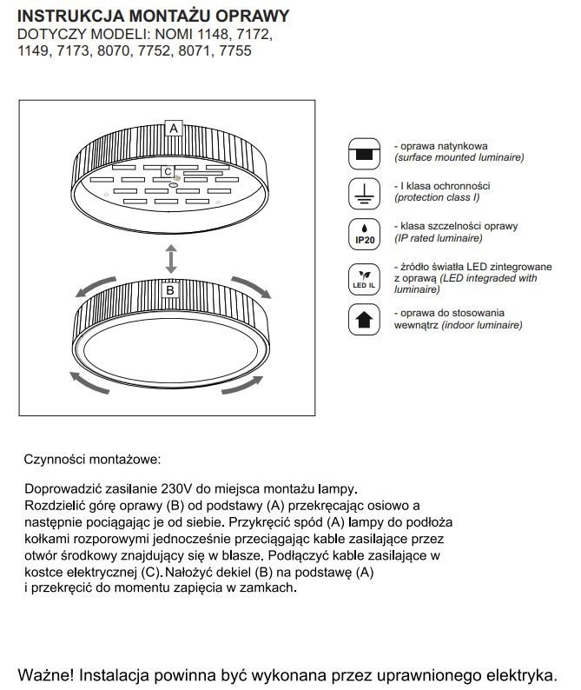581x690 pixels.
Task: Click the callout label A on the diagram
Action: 174,128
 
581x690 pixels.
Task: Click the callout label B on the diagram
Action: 170,291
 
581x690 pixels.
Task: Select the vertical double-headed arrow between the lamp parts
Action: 172,259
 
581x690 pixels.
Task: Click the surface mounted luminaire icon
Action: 364,154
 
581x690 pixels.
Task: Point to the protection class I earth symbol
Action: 364,194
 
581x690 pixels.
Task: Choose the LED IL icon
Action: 364,275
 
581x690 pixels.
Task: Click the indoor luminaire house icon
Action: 364,319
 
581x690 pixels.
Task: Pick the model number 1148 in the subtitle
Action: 207,35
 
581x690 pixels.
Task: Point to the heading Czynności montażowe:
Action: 93,458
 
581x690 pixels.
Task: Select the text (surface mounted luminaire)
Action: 459,159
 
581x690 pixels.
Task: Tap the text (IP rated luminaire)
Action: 439,238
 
